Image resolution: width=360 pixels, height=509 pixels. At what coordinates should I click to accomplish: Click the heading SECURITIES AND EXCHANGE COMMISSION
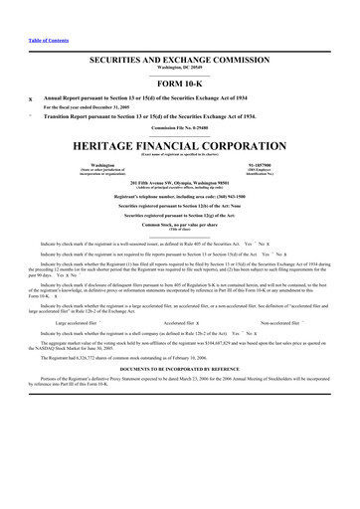pos(179,61)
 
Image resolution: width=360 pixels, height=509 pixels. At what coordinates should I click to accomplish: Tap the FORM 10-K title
pos(179,83)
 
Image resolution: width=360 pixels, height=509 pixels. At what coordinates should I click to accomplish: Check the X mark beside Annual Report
pos(30,99)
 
